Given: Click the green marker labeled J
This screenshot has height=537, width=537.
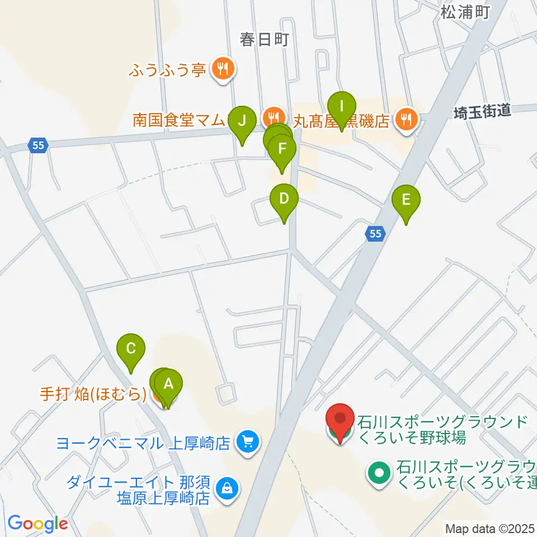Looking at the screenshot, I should pos(242,121).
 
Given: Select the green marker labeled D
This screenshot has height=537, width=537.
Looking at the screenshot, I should pos(284,199).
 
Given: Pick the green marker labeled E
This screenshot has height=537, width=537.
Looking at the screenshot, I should pos(406,200).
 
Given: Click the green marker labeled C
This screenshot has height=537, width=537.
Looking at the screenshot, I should pos(131,350).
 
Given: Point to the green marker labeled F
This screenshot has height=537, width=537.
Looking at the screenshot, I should pos(281,150).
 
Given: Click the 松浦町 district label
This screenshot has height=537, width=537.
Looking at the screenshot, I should pos(464,11).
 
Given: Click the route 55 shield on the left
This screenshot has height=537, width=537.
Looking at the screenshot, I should pos(37,145).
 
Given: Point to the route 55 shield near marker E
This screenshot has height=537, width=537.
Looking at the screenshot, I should pos(376,235).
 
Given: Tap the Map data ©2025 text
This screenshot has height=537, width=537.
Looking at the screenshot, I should pos(490,528).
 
